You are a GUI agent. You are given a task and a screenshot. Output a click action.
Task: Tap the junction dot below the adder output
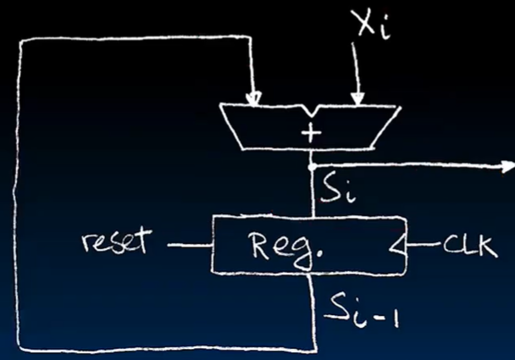(313, 166)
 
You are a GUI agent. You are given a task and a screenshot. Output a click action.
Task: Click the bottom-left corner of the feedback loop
(19, 348)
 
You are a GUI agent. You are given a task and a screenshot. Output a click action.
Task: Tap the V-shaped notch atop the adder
(305, 111)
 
